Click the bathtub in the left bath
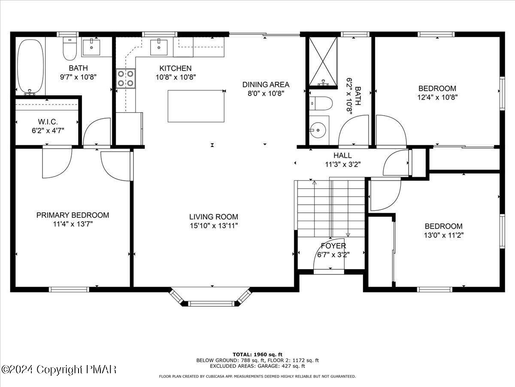pyautogui.click(x=30, y=67)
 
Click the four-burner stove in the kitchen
pyautogui.click(x=125, y=78)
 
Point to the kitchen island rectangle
pyautogui.click(x=196, y=106)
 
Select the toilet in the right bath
pyautogui.click(x=321, y=104)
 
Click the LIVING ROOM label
pyautogui.click(x=213, y=217)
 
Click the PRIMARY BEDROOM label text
pyautogui.click(x=73, y=215)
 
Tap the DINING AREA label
pyautogui.click(x=266, y=84)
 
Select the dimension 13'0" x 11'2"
pyautogui.click(x=443, y=235)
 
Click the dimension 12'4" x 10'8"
pyautogui.click(x=437, y=97)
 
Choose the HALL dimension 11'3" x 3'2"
pyautogui.click(x=342, y=164)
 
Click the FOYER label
pyautogui.click(x=333, y=246)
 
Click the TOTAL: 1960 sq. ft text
pyautogui.click(x=257, y=354)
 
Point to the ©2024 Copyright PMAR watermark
pyautogui.click(x=59, y=369)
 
